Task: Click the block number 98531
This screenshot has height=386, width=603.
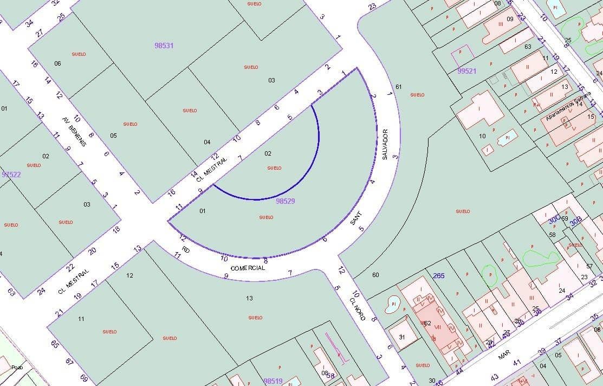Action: click(x=164, y=46)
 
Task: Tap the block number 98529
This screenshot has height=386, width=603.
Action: click(x=285, y=201)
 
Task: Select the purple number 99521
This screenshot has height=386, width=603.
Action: click(x=466, y=71)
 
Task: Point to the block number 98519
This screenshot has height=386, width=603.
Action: click(x=273, y=381)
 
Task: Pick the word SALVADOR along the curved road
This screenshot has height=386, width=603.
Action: click(x=385, y=144)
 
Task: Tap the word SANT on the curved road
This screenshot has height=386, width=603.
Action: click(x=356, y=218)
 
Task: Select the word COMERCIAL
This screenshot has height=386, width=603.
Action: click(x=248, y=268)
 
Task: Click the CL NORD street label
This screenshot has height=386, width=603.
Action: click(x=357, y=308)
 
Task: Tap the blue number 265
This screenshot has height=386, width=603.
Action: click(x=439, y=276)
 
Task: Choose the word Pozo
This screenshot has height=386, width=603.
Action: click(x=17, y=368)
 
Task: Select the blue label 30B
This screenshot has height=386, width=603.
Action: click(x=575, y=221)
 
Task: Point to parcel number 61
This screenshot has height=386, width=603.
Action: click(x=399, y=87)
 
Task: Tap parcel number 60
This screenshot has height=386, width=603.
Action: click(x=375, y=275)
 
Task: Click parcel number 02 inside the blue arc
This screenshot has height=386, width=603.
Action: click(x=268, y=153)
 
